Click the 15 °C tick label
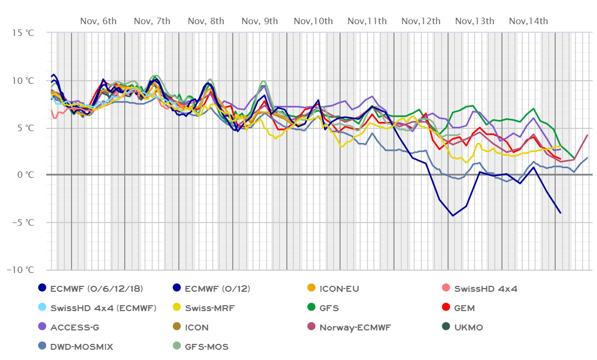(x=23, y=33)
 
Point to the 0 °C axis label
(x=25, y=175)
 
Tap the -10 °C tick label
(x=20, y=270)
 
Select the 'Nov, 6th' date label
(x=98, y=21)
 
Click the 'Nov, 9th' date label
(x=260, y=21)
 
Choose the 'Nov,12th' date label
(x=421, y=21)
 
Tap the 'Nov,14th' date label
(x=528, y=21)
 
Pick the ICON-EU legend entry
(x=339, y=289)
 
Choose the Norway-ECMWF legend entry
(x=355, y=327)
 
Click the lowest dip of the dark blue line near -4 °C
(x=453, y=216)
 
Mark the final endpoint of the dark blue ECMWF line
(x=560, y=213)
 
